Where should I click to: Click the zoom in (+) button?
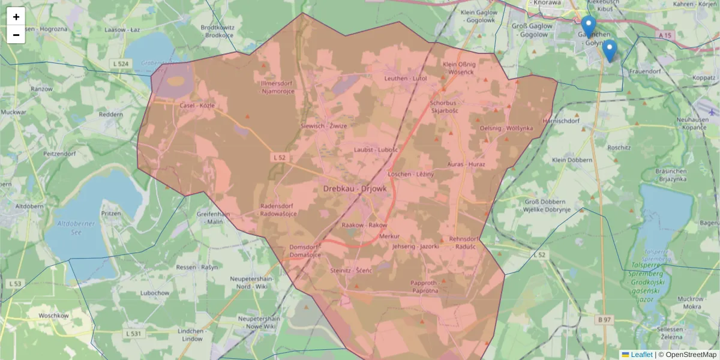tap(16, 17)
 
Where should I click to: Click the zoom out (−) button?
tap(16, 35)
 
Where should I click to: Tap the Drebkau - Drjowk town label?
tap(355, 188)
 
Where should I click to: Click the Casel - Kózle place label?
tap(197, 105)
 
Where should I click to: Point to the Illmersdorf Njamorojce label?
tap(277, 87)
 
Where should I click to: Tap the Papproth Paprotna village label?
tap(425, 286)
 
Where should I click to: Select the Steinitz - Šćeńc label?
tap(352, 271)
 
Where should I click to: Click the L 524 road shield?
tap(120, 63)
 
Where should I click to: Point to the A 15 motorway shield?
tap(664, 36)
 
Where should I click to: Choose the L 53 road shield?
tap(16, 283)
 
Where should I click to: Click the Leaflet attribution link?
tap(641, 355)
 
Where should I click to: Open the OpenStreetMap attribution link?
tap(691, 355)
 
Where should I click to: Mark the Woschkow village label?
tap(55, 316)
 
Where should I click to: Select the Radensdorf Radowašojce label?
tap(277, 210)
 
